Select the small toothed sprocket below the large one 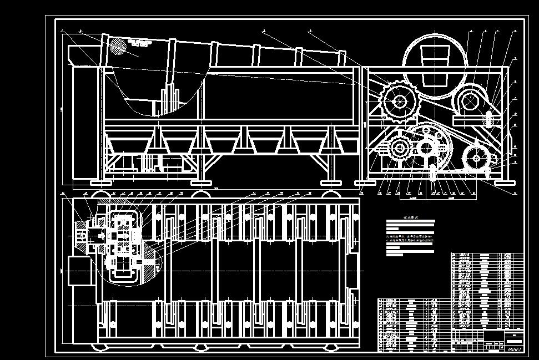click(x=399, y=148)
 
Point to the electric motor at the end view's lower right click(x=476, y=159)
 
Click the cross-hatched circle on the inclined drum click(x=118, y=45)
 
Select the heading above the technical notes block click(x=410, y=219)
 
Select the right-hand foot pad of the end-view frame click(x=503, y=182)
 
